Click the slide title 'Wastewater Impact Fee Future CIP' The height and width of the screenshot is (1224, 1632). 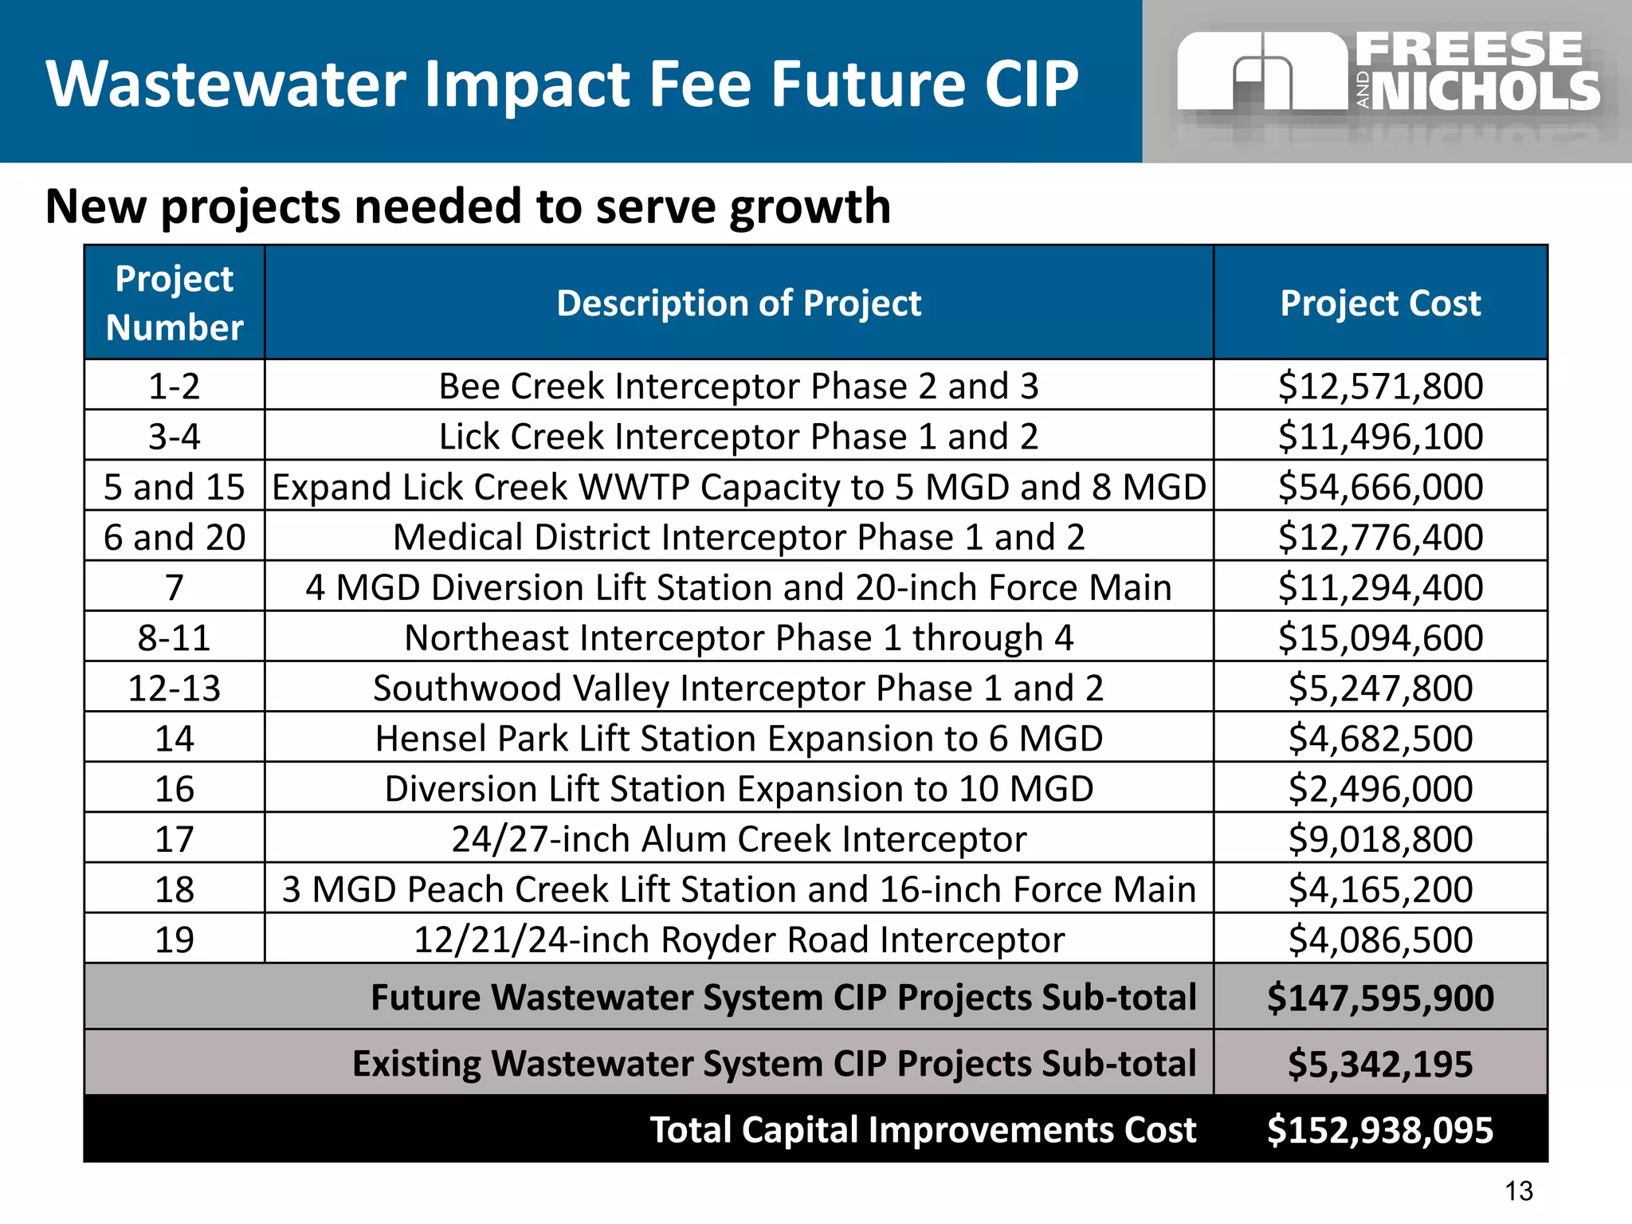563,84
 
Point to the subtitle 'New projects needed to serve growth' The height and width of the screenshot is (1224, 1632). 468,206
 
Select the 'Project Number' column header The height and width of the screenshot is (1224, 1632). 175,303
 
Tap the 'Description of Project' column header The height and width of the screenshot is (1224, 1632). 739,304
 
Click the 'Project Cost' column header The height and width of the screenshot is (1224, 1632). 1380,304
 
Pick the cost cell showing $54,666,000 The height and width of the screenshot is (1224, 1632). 1380,487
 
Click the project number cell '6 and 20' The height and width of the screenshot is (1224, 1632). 175,537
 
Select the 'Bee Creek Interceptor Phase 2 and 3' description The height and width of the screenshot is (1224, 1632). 739,386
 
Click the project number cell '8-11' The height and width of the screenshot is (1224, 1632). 175,637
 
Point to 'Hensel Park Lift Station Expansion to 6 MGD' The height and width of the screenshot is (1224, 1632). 739,739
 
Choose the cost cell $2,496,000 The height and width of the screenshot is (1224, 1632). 1380,789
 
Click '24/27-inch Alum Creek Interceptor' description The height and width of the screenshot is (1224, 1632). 739,839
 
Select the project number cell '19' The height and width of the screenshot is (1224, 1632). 175,940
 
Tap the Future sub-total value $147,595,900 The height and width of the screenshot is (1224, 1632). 1380,998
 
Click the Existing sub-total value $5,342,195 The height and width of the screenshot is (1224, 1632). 1380,1064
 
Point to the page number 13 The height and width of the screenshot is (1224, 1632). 1519,1191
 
